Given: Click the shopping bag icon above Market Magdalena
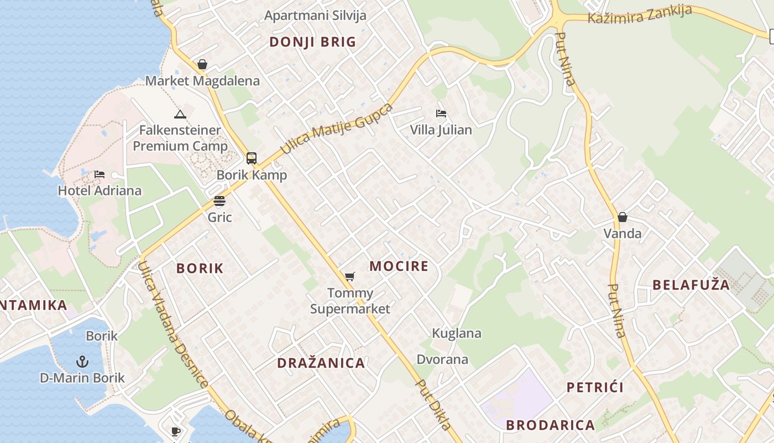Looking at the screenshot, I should [202, 64].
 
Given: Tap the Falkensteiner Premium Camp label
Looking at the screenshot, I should [180, 138].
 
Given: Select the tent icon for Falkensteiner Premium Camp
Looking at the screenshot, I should [180, 115].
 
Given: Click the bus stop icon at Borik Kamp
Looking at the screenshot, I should [252, 158].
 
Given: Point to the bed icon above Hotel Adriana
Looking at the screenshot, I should [100, 174].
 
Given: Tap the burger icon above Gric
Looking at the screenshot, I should [219, 200].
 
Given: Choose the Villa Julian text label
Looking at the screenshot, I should [441, 130].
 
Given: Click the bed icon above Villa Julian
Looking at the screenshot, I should [441, 114].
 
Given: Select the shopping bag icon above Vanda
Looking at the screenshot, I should [623, 217].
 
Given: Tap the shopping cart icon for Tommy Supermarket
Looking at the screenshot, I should [349, 276].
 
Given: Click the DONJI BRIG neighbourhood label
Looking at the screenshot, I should [312, 42].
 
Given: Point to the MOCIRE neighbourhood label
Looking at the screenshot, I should [399, 266].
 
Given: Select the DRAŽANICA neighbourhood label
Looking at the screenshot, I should [321, 363].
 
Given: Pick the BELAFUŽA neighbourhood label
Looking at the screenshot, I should [691, 285].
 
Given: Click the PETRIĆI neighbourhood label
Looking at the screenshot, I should [595, 387].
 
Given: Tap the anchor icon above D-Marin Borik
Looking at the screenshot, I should [82, 362].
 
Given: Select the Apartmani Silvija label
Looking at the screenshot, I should [315, 15].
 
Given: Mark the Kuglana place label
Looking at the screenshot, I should [456, 333].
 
